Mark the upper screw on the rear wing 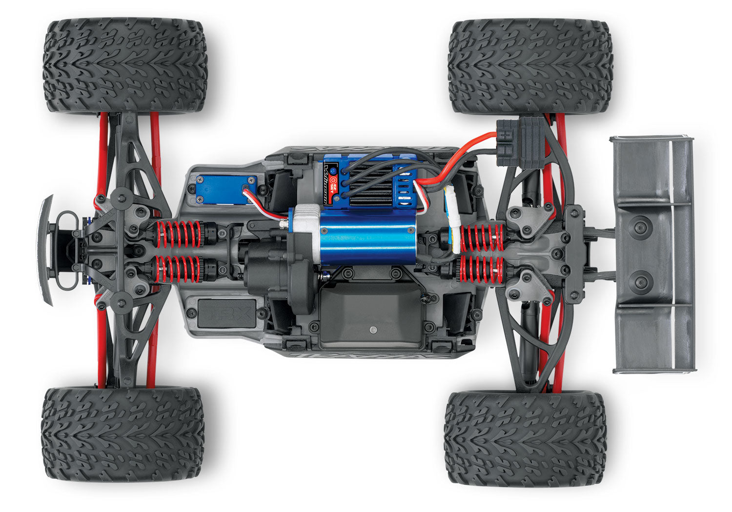coord(640,225)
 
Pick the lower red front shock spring coord(178,270)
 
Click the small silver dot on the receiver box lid coord(373,330)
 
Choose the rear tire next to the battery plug coord(530,66)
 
